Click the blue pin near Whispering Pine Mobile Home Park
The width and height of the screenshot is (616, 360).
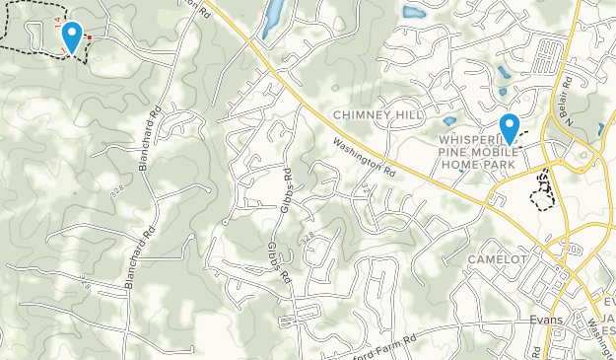pyautogui.click(x=510, y=127)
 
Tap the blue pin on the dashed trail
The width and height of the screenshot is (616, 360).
pyautogui.click(x=72, y=36)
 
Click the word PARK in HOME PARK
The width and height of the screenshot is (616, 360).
pyautogui.click(x=501, y=166)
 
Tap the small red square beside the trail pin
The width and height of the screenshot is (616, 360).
pyautogui.click(x=89, y=37)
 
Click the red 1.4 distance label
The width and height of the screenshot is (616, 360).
pyautogui.click(x=59, y=21)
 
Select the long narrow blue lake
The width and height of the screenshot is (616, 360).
pyautogui.click(x=273, y=17)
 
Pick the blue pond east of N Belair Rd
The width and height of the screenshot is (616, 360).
pyautogui.click(x=601, y=129)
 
